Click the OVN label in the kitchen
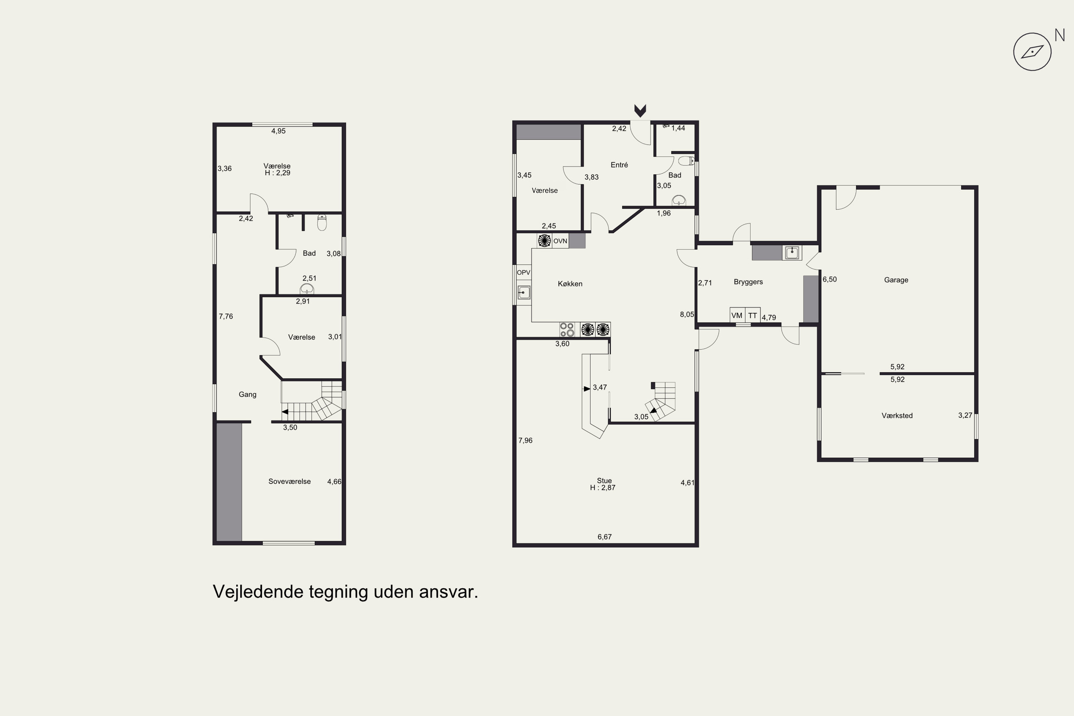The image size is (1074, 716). click(560, 241)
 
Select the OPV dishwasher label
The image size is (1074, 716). click(524, 272)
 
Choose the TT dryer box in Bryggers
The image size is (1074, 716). click(753, 315)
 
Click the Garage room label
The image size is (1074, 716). click(896, 280)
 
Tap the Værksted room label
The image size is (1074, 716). click(897, 416)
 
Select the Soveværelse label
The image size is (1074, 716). click(290, 481)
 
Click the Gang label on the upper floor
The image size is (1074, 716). click(247, 395)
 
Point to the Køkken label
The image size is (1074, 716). click(570, 284)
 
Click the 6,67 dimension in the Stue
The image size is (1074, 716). click(605, 537)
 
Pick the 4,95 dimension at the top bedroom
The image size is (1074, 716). click(279, 131)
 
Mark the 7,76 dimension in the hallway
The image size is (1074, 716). click(226, 316)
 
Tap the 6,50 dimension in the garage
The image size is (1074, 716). click(830, 280)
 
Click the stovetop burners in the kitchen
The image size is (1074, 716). click(567, 330)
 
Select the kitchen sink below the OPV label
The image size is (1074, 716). click(524, 292)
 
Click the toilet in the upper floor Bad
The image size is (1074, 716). click(322, 222)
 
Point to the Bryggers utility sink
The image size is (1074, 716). click(792, 252)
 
